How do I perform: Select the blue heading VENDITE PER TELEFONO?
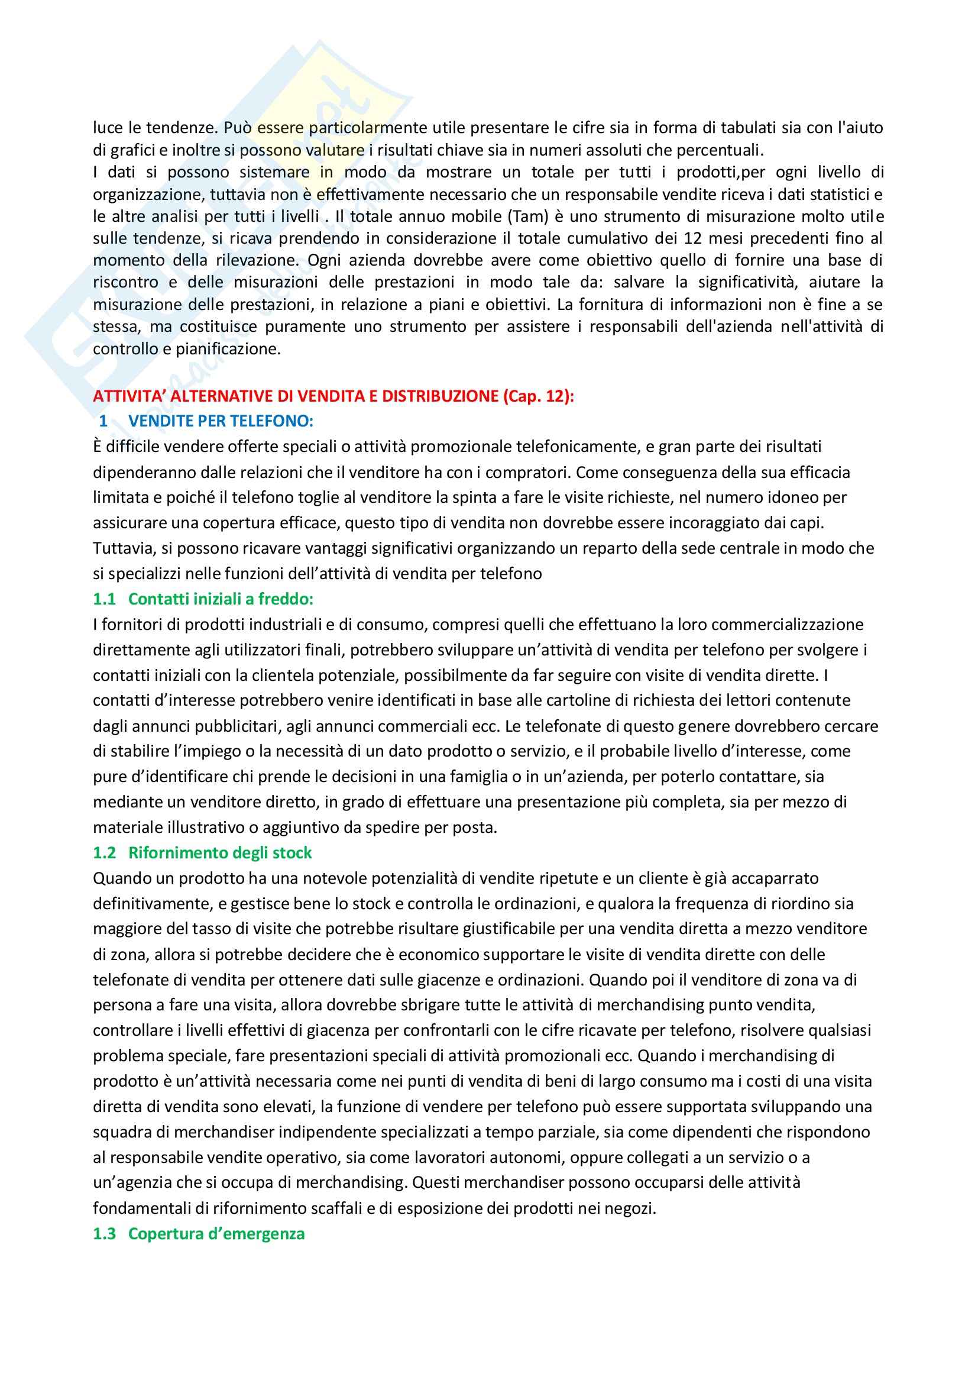click(221, 421)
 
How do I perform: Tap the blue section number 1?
click(103, 421)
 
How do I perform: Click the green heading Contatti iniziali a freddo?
click(221, 599)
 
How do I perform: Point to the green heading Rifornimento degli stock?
click(220, 852)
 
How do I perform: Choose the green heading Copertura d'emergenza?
click(216, 1233)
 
